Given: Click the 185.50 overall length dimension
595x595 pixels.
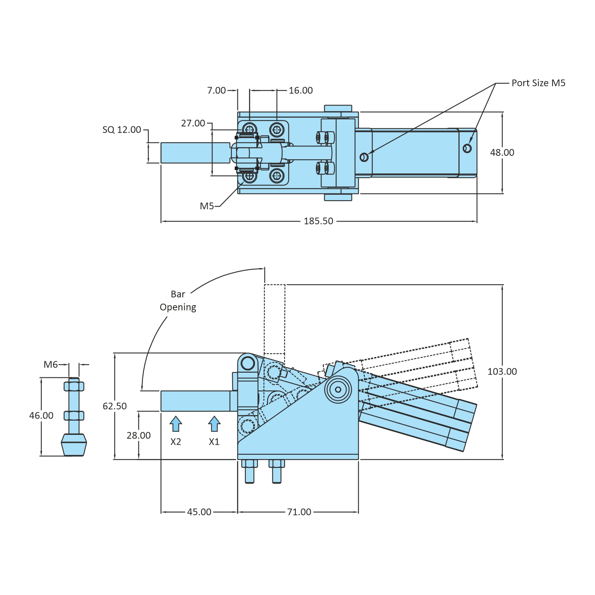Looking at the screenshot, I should (x=318, y=221).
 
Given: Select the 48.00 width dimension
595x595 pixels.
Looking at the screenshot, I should (x=502, y=153).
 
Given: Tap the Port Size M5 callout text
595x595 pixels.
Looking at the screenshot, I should (x=538, y=83).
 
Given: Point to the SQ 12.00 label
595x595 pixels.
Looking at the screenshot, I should (x=122, y=130).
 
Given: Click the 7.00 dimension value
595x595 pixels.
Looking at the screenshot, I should (x=216, y=91).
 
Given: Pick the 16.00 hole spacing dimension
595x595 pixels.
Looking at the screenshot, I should (x=300, y=91).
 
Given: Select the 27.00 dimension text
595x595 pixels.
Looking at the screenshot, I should (x=193, y=124).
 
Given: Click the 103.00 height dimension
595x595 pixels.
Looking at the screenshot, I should (x=502, y=372).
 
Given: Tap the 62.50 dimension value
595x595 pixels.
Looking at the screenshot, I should (x=115, y=406).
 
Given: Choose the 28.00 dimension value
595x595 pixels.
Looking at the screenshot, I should (x=138, y=436).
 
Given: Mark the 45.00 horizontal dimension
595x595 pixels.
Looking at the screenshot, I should (x=199, y=512).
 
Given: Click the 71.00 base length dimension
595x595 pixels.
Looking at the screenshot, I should (x=299, y=512).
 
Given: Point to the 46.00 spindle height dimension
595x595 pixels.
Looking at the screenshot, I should (x=41, y=416).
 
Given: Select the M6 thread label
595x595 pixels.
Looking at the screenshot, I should (x=51, y=365).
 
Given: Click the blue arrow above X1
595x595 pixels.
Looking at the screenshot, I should (x=214, y=424).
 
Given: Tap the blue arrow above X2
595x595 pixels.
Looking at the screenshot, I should (x=176, y=424).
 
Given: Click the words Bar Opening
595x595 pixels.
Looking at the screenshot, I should (x=178, y=301).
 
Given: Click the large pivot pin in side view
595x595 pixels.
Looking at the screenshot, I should (x=338, y=389).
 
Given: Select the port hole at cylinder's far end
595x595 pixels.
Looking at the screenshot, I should (x=467, y=148).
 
